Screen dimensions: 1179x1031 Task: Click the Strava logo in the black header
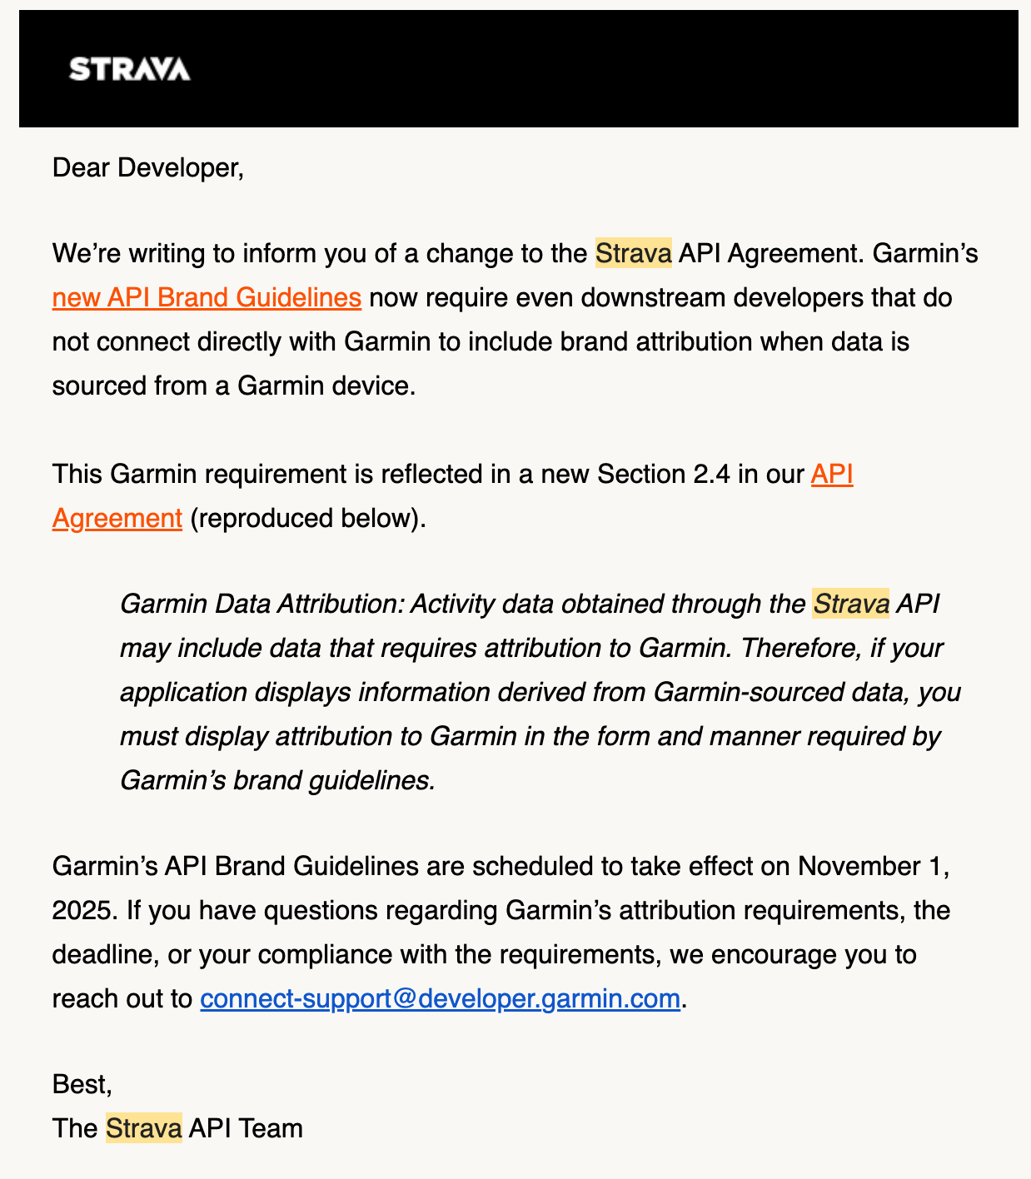(x=129, y=69)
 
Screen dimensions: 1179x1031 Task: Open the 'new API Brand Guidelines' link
(x=207, y=297)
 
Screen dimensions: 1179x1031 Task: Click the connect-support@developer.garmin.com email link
(x=440, y=997)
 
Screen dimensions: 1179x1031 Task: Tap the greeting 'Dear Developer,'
(x=147, y=167)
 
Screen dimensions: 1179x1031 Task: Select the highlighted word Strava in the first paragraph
(x=633, y=253)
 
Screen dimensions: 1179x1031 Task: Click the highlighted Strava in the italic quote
(x=850, y=604)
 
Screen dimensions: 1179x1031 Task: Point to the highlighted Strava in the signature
(x=143, y=1128)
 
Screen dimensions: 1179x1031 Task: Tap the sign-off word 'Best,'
(x=82, y=1084)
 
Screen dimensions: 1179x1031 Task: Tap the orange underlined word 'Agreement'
(x=117, y=518)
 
